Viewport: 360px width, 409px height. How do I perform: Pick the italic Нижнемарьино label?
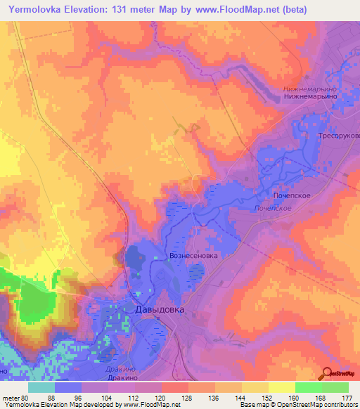pos(310,89)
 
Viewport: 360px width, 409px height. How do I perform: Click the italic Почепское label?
pos(272,209)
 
